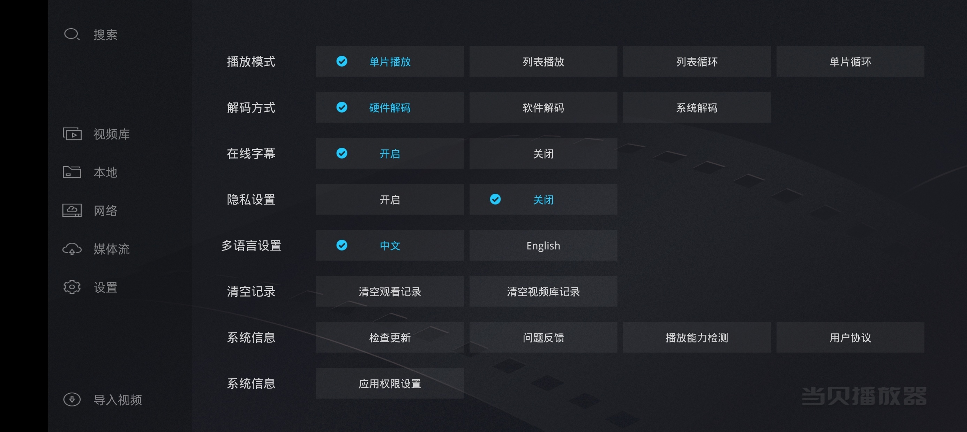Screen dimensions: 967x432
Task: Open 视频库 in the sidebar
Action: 112,134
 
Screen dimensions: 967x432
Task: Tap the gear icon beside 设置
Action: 72,287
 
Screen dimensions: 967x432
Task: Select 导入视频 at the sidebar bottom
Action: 118,400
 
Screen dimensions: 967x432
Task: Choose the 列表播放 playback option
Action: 543,62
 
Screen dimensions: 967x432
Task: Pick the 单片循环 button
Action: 850,62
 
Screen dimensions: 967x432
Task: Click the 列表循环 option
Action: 697,62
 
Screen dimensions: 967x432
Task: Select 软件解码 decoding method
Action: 543,108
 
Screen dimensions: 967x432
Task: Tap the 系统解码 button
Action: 697,108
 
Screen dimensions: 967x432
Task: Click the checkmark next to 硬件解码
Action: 342,107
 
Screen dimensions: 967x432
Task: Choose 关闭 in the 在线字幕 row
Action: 543,153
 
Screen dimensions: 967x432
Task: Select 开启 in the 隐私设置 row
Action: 390,200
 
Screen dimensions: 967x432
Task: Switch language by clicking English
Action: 543,246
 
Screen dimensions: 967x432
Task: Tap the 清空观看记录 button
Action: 390,291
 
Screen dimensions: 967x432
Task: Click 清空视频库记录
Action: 543,291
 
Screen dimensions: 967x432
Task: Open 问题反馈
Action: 543,338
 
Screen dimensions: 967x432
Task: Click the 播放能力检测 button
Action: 697,338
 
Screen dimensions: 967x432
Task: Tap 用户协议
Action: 850,338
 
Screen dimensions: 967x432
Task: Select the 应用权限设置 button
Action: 390,383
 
